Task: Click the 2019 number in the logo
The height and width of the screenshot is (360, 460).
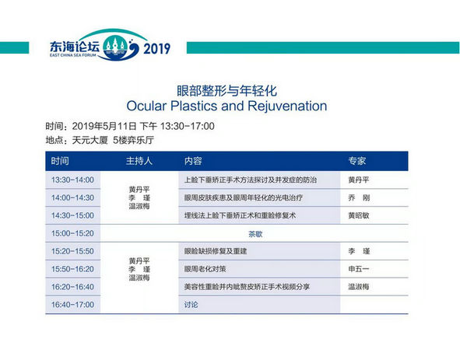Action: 156,48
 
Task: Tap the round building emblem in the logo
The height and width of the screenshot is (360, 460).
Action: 115,47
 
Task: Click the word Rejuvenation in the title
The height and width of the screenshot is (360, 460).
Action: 287,106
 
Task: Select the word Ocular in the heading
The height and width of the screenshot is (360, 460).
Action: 146,106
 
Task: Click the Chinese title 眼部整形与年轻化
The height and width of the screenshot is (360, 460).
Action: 226,91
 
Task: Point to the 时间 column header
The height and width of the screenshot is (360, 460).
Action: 60,161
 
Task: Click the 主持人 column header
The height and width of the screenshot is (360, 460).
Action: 139,161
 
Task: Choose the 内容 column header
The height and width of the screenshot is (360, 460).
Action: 193,161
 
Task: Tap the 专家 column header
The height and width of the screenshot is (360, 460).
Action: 357,161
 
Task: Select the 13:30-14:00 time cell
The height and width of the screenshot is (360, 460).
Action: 72,180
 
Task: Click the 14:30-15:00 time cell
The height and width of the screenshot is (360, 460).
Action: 72,215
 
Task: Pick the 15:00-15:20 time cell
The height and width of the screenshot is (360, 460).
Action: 72,233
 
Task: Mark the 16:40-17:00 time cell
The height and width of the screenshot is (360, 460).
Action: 72,305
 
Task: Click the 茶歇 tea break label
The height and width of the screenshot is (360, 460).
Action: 255,234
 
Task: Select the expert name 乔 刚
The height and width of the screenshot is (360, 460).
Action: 359,197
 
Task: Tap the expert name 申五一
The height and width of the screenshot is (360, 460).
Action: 359,269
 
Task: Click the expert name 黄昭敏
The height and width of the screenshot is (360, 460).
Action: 359,215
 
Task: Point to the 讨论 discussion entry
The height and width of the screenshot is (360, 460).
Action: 191,305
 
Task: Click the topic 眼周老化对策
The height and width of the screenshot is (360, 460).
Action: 205,269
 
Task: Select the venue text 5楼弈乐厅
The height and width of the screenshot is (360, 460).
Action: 133,140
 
